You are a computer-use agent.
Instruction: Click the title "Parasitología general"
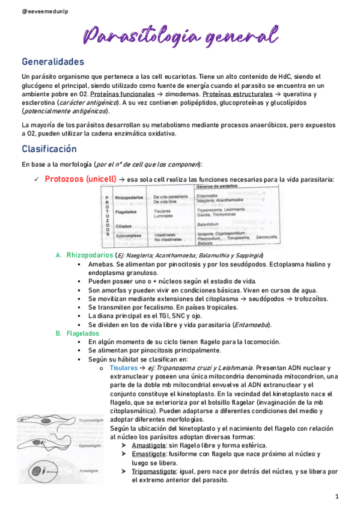(x=180, y=35)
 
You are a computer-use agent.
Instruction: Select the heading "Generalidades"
(x=53, y=62)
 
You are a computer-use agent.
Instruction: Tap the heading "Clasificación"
(x=49, y=149)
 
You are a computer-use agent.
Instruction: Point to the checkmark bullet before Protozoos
(x=37, y=179)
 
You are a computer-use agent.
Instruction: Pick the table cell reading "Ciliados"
(x=124, y=225)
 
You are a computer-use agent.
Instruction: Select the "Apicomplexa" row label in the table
(x=128, y=235)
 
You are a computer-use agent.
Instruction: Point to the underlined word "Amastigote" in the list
(x=153, y=445)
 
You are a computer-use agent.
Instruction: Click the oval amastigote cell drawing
(x=38, y=470)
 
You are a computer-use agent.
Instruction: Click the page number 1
(x=338, y=496)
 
